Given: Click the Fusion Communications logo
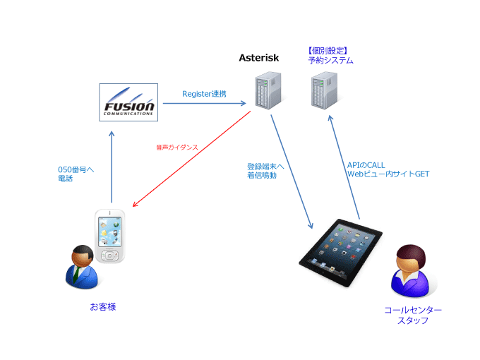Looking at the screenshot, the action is [128, 102].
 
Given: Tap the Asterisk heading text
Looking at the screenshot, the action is [258, 58].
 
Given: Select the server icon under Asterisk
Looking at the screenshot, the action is [268, 90].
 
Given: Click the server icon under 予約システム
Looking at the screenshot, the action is [325, 90].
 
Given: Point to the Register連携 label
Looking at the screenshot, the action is [204, 94].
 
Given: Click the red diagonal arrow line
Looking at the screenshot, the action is [191, 159].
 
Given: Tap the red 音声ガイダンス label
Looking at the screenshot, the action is [177, 148].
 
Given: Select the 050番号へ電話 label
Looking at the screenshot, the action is [76, 174].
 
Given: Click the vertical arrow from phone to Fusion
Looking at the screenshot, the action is [112, 167].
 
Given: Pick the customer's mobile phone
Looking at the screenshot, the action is [109, 236].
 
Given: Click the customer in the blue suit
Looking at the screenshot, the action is [82, 267].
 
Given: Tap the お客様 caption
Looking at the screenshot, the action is [103, 307].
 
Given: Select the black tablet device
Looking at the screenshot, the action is [340, 253].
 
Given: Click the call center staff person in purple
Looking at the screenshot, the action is [411, 270].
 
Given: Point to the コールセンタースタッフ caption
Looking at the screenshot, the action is [413, 316].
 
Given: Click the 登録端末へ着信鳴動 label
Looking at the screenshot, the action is [265, 171].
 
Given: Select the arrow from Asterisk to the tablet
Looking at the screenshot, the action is [292, 172].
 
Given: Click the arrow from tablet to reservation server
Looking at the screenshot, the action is [344, 167].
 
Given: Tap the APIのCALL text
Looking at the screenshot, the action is [366, 165].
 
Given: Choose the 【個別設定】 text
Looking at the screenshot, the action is [328, 51].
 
